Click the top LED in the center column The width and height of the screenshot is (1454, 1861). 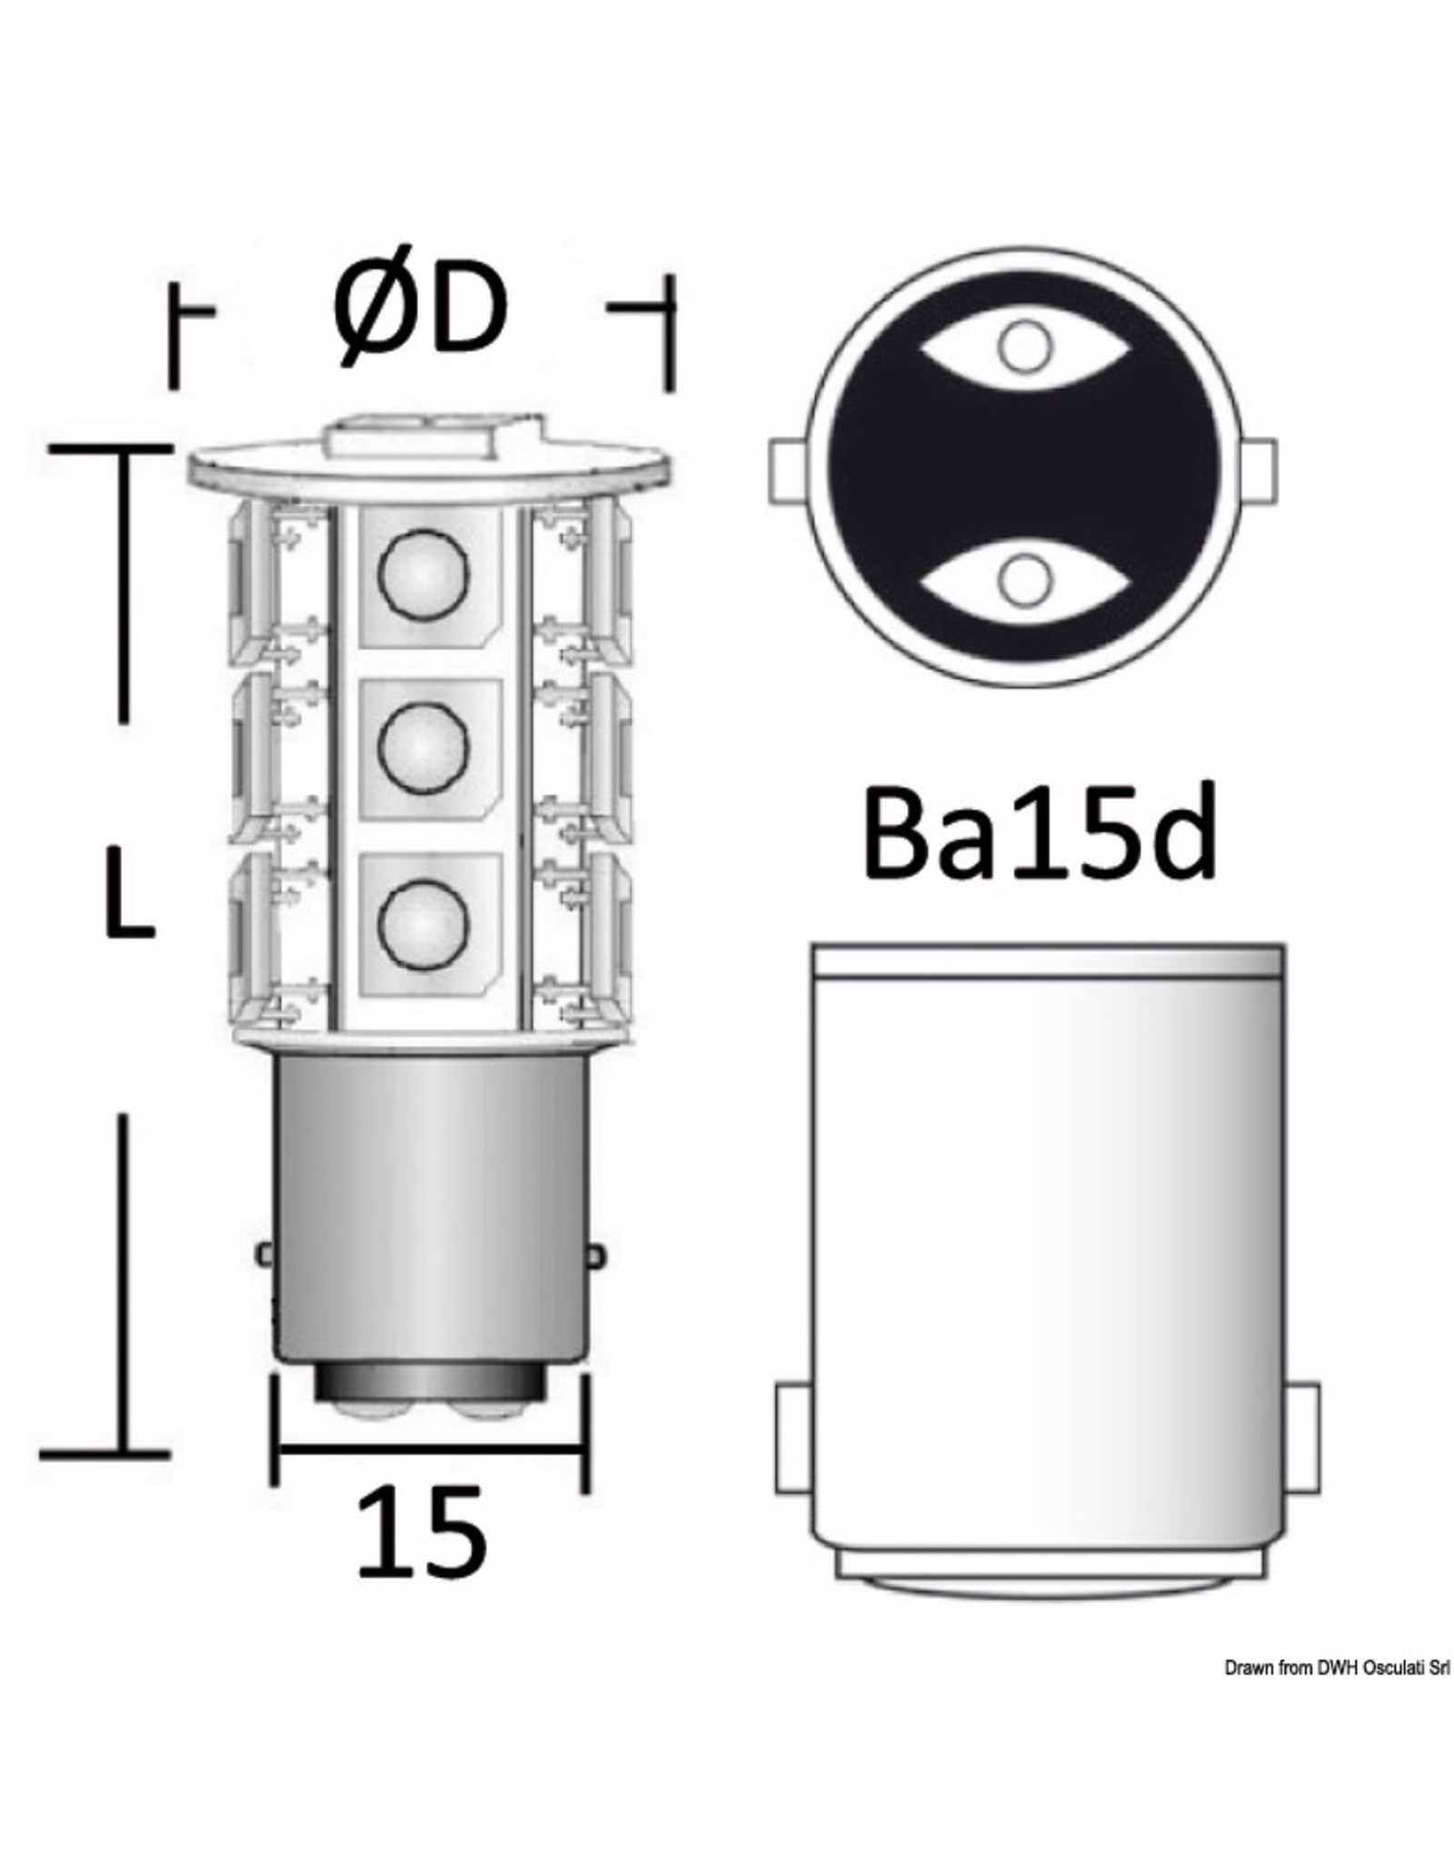point(423,576)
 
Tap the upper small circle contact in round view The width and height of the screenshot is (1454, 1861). point(1024,346)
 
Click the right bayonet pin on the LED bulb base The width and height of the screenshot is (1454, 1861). point(595,1255)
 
